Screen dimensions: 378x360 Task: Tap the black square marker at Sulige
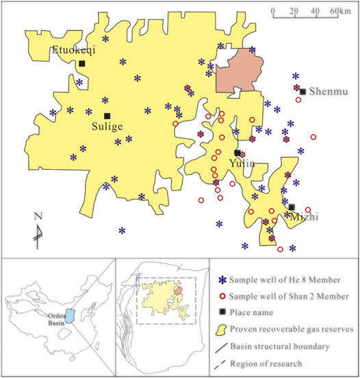(x=107, y=116)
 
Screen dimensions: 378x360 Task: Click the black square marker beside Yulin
(x=237, y=153)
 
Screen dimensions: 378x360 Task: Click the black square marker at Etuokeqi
(x=81, y=64)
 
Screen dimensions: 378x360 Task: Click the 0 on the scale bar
(x=272, y=12)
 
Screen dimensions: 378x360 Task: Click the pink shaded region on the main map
(x=239, y=72)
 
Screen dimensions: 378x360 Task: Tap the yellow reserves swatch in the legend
(x=220, y=329)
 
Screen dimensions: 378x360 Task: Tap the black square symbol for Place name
(x=220, y=313)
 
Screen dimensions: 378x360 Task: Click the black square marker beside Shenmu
(x=303, y=90)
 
